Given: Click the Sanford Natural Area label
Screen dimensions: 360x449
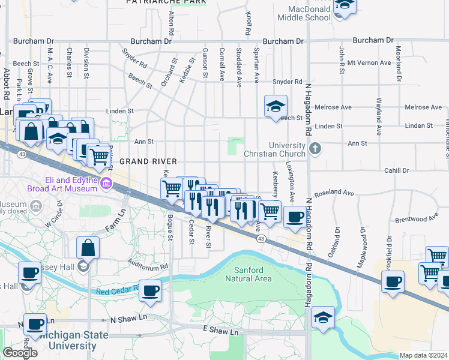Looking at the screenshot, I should [x=248, y=274].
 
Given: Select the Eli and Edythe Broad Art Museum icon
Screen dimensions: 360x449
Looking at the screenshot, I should [x=106, y=183].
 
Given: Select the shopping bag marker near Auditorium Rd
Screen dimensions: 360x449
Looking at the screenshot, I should [x=88, y=248].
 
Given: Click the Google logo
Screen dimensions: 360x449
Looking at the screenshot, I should [x=20, y=352].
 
